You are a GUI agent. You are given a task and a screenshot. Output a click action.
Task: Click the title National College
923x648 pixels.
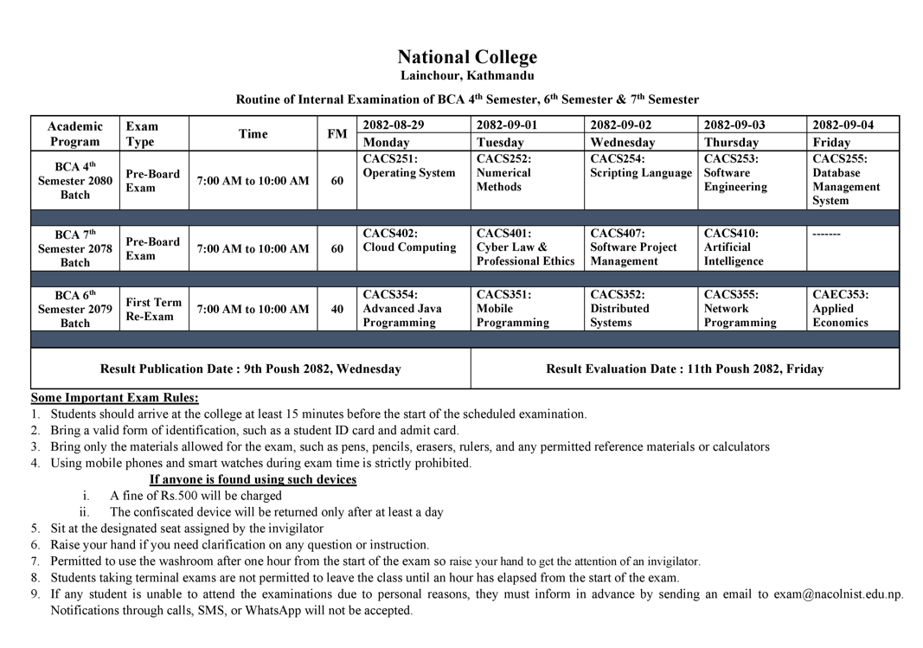467,57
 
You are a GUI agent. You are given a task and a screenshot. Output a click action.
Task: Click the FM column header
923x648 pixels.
337,134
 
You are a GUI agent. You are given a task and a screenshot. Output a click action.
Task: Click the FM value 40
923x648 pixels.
337,309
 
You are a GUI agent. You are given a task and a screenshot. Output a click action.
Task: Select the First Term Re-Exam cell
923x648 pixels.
154,309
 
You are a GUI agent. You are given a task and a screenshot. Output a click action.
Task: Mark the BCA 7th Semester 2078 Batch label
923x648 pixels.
74,248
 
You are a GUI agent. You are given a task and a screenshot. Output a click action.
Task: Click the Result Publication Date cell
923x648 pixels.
250,369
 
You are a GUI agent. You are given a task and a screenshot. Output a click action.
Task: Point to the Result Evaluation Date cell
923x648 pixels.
684,369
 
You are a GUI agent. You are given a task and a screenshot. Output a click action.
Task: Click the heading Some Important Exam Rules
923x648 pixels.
115,398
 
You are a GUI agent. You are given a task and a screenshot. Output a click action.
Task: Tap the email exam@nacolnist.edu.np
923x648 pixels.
837,594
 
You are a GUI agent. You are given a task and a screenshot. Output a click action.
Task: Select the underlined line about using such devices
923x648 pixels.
253,479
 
